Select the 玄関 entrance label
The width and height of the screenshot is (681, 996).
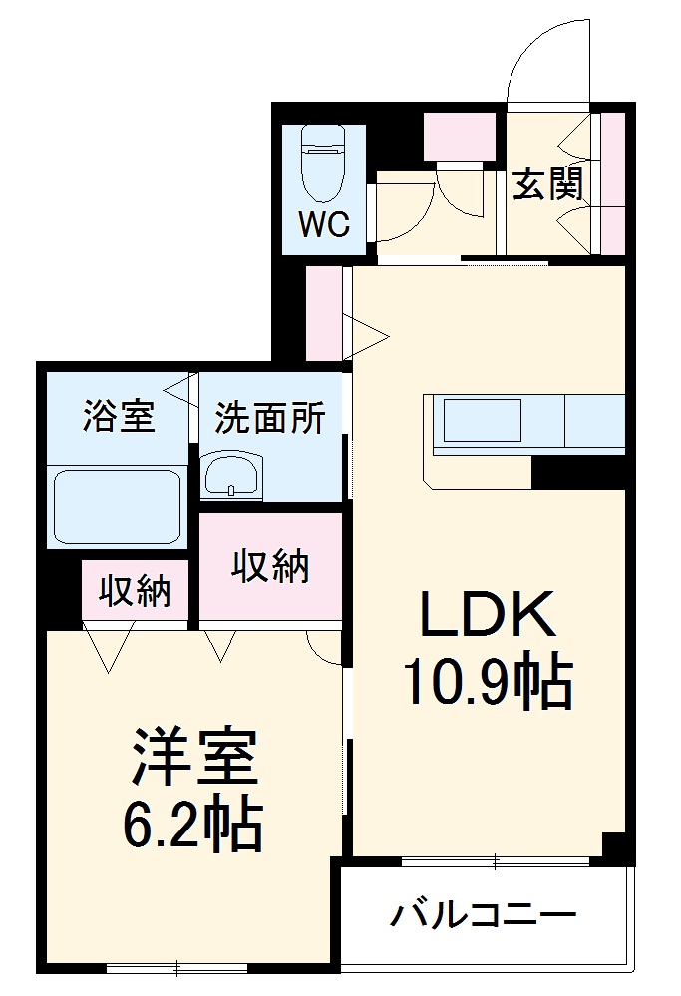tap(547, 184)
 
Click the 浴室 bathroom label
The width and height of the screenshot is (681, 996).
tap(119, 416)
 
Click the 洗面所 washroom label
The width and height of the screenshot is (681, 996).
tap(270, 418)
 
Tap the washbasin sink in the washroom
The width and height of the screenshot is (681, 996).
tap(232, 475)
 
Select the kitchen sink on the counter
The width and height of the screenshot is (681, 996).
tap(483, 420)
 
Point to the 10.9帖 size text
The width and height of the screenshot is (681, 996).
tap(486, 683)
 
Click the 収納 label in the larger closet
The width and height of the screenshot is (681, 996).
tap(270, 567)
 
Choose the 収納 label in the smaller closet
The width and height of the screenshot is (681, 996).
tap(134, 592)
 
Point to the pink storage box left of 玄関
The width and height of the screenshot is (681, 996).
tap(460, 136)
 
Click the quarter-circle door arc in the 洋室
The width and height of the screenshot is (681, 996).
tap(325, 646)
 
